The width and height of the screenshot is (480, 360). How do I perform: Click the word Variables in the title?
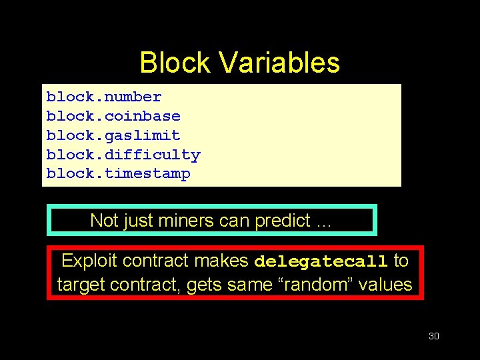coord(279,63)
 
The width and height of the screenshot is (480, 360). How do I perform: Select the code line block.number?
coord(103,97)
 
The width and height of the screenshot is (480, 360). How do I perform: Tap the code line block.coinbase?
coord(113,117)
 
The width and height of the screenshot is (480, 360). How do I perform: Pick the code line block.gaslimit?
coord(113,136)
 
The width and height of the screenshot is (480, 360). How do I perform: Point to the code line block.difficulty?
coord(123,155)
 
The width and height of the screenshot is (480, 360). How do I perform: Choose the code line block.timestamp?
coord(118,174)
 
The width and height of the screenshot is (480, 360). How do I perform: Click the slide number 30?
coord(433,336)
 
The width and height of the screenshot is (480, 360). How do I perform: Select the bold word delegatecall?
coord(321,261)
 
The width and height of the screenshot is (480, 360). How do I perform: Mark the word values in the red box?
coord(386,285)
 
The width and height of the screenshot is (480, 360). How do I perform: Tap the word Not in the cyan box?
coord(103,221)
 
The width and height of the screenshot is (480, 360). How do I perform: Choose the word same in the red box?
coord(245,285)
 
